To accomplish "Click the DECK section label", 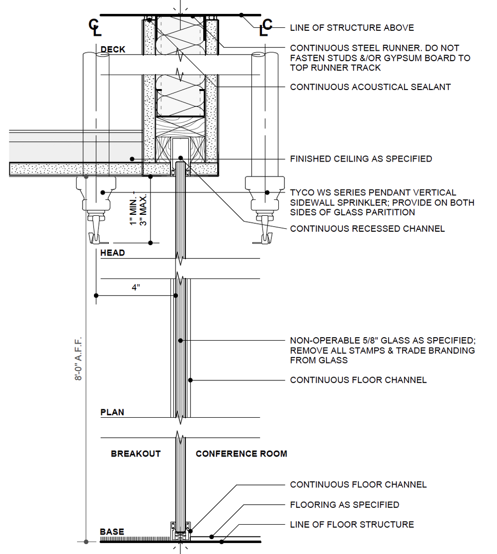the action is [113, 49].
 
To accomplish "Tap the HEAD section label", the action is [112, 253].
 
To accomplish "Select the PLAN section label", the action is [112, 412].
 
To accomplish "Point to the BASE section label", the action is [112, 532].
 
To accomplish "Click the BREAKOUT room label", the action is [136, 454].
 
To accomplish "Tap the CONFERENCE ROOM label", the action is [242, 454].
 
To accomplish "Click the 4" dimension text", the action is [136, 287].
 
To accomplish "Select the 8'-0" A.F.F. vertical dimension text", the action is [79, 358].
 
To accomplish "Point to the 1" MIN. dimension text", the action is [133, 211].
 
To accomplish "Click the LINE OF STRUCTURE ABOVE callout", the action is [352, 27].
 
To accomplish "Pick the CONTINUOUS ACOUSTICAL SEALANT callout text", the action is [370, 87].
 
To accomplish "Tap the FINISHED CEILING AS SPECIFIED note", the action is [361, 159].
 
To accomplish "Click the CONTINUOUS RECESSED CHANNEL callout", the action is [367, 229].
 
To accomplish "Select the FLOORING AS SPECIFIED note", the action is [344, 505].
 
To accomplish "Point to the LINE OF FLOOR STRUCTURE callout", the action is [352, 524].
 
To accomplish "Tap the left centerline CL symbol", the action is [94, 27].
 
